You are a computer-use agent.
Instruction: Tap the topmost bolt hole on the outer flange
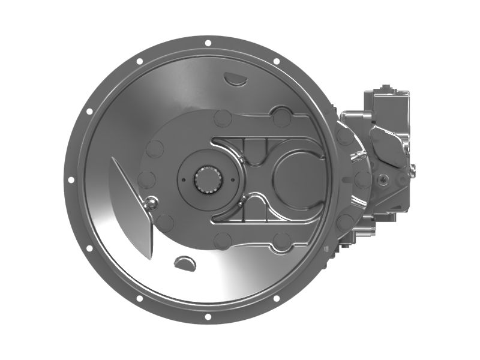pyautogui.click(x=208, y=43)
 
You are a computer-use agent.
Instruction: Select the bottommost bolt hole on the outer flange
pyautogui.click(x=208, y=316)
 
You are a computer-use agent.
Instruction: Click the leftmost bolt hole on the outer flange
pyautogui.click(x=71, y=179)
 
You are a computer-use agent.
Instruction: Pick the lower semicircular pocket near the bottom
pyautogui.click(x=184, y=262)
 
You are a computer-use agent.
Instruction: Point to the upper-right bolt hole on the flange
pyautogui.click(x=276, y=61)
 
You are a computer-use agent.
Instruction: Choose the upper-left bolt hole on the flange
pyautogui.click(x=139, y=61)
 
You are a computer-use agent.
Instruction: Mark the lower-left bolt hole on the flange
pyautogui.click(x=139, y=298)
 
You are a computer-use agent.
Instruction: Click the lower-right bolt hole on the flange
pyautogui.click(x=276, y=298)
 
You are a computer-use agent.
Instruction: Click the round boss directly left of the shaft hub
pyautogui.click(x=147, y=179)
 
